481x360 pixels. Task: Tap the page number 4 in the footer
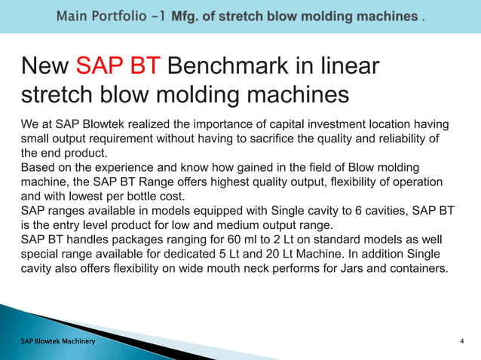461,343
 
